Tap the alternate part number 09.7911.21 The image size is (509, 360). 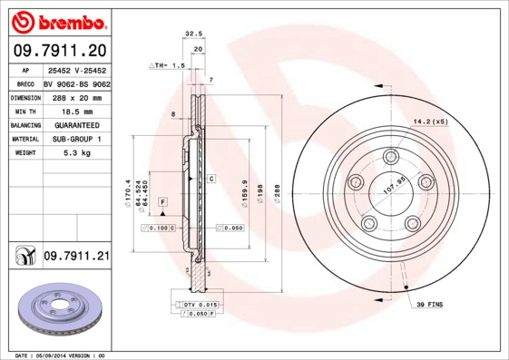click(x=75, y=257)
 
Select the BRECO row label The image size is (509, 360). click(x=25, y=82)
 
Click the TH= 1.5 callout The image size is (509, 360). click(x=170, y=66)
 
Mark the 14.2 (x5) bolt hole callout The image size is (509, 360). click(x=430, y=121)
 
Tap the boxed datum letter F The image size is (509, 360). click(x=163, y=199)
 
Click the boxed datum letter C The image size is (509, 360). click(x=210, y=179)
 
